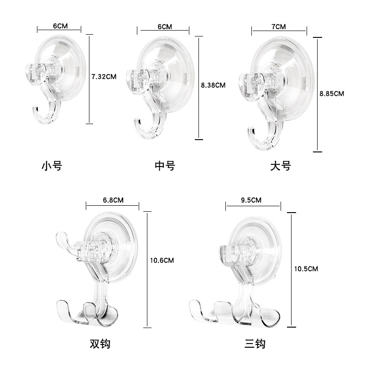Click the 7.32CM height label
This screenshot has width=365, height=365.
click(104, 77)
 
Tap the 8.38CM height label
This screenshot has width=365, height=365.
click(213, 85)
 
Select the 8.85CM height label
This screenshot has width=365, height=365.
click(332, 94)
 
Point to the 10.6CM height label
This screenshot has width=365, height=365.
click(162, 260)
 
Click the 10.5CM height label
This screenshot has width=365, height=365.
click(306, 269)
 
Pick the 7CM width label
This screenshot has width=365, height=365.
click(279, 27)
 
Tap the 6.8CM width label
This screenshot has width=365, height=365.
click(113, 200)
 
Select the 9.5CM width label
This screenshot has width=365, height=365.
click(251, 200)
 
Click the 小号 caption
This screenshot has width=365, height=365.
click(52, 166)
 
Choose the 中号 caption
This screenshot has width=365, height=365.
click(165, 166)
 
